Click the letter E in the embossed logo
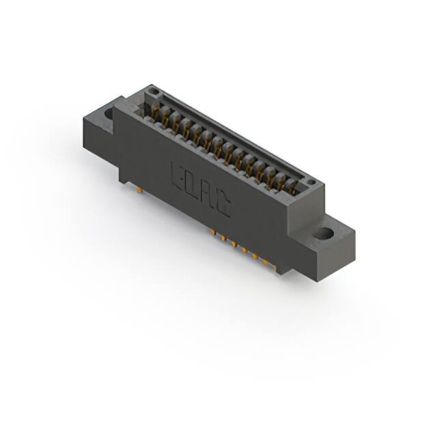[x=176, y=175]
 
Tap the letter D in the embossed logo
[x=192, y=185]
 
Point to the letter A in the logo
[x=208, y=195]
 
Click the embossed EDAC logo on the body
[x=199, y=191]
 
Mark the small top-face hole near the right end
[x=309, y=182]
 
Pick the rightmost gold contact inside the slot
[x=295, y=187]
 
